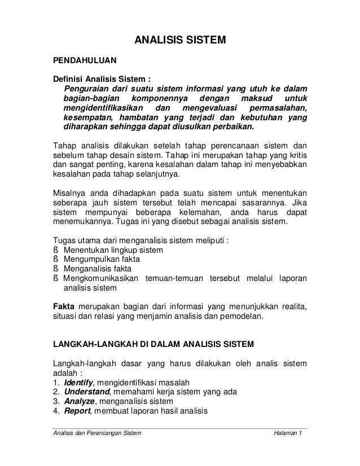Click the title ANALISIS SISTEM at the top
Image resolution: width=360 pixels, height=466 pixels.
179,41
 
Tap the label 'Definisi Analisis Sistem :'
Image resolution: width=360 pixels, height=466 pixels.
102,78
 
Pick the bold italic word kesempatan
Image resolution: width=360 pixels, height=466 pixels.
88,117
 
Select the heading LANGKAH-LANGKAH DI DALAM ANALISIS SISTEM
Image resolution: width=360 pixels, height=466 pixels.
153,344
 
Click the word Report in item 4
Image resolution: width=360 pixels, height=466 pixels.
77,411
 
